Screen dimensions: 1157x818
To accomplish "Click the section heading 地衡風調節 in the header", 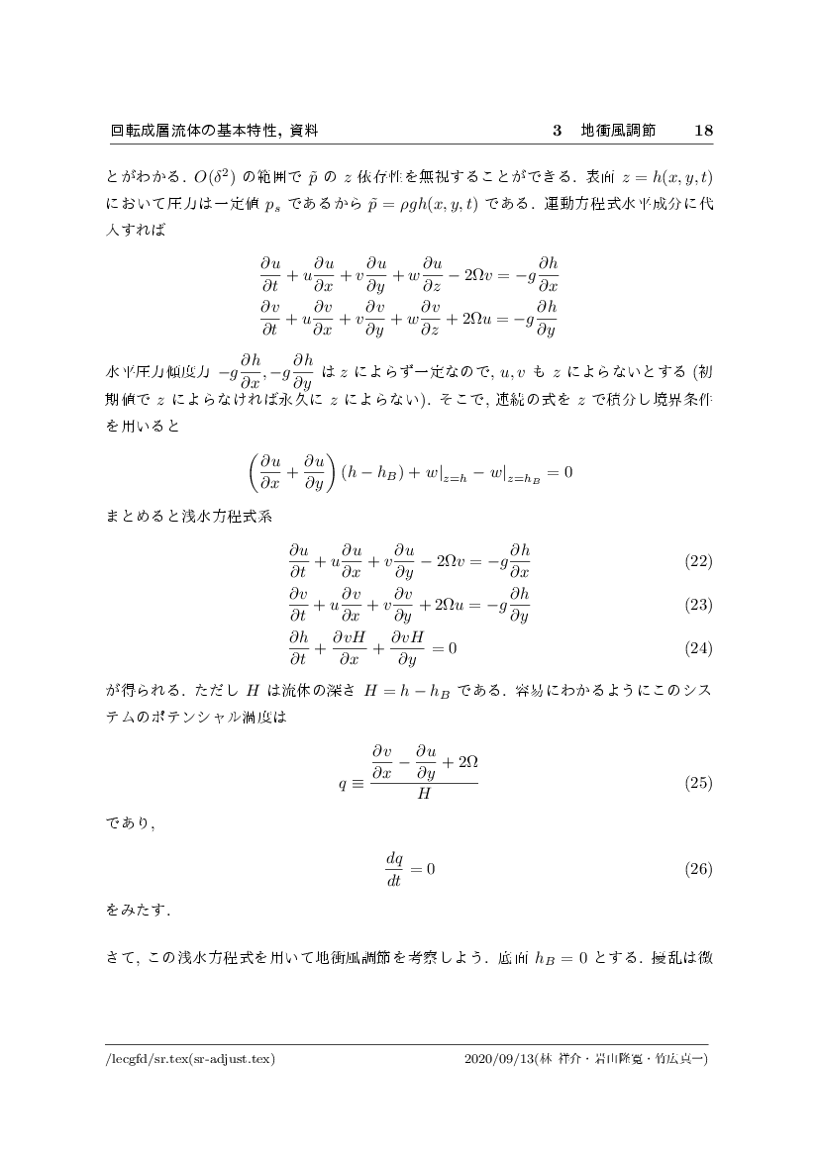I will click(x=618, y=131).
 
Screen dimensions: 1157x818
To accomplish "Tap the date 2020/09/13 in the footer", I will click(x=498, y=1059).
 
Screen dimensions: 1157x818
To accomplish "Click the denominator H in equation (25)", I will click(x=423, y=794).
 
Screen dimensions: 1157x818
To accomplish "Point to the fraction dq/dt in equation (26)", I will click(x=393, y=869).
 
